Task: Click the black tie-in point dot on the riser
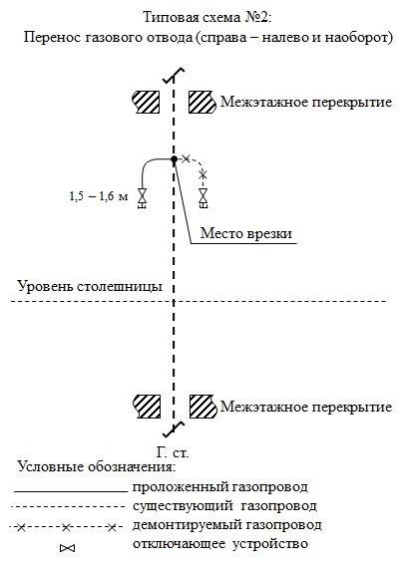point(174,159)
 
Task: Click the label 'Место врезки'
point(246,233)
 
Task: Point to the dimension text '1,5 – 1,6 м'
point(99,196)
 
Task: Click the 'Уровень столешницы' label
point(90,286)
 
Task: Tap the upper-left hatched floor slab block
point(146,102)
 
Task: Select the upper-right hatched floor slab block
point(202,102)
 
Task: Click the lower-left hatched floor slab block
point(147,407)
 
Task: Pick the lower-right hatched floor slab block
point(203,407)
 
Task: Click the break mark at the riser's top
point(174,76)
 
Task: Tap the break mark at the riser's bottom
point(174,429)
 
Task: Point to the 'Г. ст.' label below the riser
point(173,452)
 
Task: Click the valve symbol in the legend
point(68,548)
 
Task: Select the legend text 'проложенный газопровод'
point(220,487)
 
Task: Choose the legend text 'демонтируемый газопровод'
point(226,525)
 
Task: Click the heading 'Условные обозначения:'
point(97,467)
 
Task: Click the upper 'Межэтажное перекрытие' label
point(306,102)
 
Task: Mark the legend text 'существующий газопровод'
point(224,506)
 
